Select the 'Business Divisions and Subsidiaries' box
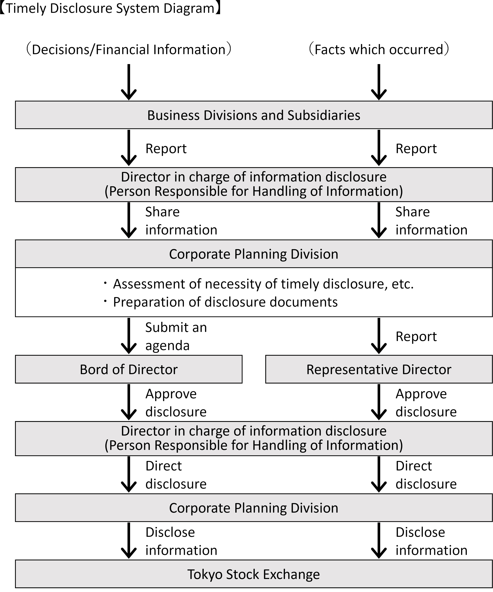(x=254, y=115)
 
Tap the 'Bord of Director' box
(x=129, y=369)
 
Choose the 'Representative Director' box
(x=379, y=369)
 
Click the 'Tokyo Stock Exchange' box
(x=254, y=574)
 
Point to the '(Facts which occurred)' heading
(x=379, y=49)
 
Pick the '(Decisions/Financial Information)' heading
(x=129, y=49)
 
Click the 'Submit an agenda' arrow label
(x=176, y=336)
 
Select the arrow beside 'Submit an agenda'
(x=129, y=336)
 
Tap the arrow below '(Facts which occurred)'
(x=379, y=82)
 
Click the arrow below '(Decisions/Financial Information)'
(x=129, y=82)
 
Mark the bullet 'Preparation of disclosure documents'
(x=221, y=302)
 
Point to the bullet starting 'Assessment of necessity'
(x=258, y=284)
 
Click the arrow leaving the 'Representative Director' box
(x=379, y=402)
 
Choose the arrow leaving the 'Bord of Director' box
(x=129, y=402)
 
